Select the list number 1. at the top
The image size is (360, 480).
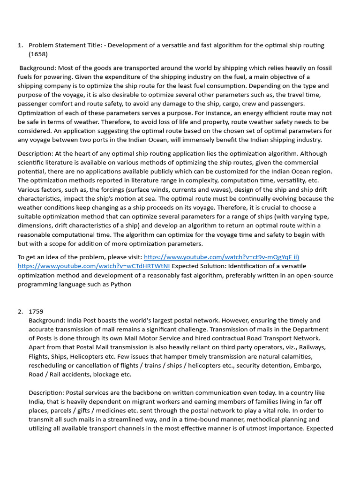pos(20,45)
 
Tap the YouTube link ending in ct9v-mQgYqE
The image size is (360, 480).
pos(221,257)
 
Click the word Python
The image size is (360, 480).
pos(121,284)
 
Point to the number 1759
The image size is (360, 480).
pos(37,311)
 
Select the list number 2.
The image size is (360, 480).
pos(20,311)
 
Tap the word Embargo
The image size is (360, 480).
pos(310,365)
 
